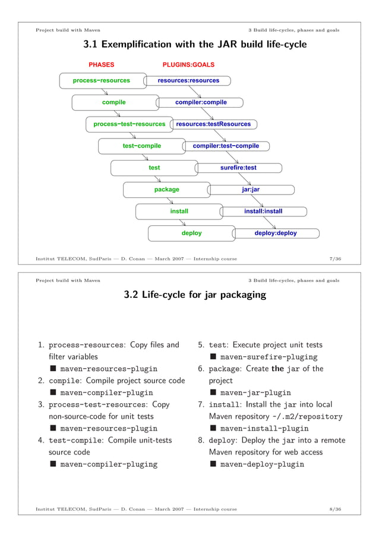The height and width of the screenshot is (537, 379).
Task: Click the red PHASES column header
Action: click(102, 64)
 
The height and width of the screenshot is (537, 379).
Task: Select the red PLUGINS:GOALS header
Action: click(188, 64)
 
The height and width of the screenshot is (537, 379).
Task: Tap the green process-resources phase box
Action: click(102, 80)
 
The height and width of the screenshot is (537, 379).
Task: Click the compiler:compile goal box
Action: click(201, 102)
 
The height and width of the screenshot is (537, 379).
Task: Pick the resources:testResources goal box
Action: click(213, 124)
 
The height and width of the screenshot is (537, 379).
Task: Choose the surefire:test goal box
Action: click(238, 168)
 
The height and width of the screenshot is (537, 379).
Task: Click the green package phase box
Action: click(167, 190)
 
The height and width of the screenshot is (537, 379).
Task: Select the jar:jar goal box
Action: click(251, 190)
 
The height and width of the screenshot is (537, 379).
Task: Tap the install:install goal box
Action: click(263, 211)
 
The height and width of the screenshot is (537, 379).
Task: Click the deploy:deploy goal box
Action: click(276, 233)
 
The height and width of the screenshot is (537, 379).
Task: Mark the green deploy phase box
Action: click(192, 233)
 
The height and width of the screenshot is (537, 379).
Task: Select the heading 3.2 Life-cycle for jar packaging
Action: click(194, 294)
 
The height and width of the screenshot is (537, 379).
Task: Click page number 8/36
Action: click(334, 510)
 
